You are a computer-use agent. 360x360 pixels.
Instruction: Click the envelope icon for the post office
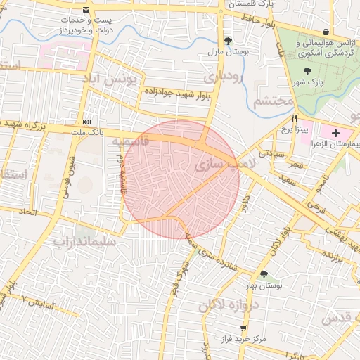pos(86,11)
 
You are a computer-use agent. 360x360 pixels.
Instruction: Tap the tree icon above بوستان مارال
pos(227,41)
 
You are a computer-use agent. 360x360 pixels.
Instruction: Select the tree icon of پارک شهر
pos(307,70)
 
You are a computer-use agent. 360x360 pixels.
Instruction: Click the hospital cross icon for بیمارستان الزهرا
pos(335,132)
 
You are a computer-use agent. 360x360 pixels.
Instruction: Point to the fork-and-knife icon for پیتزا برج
pos(295,118)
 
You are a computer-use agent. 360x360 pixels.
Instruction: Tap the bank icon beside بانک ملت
pos(86,121)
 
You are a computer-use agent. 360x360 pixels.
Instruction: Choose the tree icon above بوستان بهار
pos(264,274)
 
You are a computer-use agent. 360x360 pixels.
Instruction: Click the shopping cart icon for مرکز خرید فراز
pos(243,328)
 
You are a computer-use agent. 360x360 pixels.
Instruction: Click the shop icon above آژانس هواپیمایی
pos(325,32)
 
